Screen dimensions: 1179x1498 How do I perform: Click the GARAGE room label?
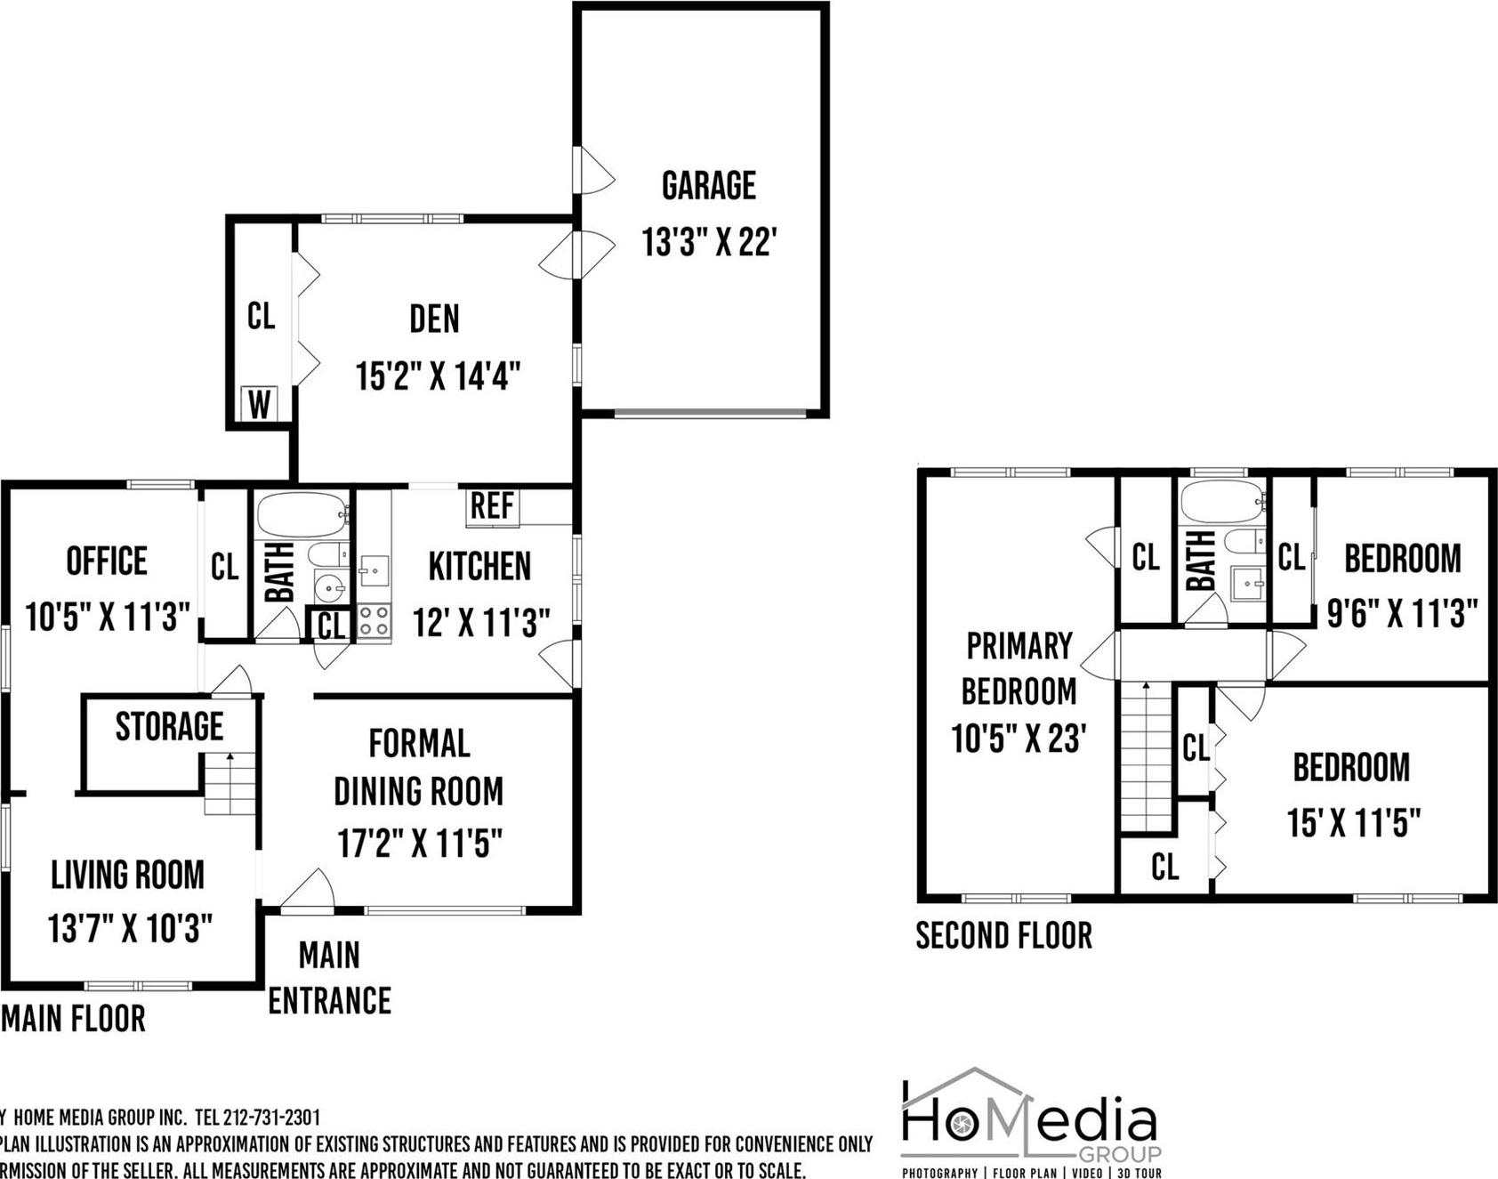click(x=709, y=185)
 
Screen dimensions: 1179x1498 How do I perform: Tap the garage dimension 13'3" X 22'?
click(x=710, y=241)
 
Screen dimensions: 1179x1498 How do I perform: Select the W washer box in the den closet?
click(x=259, y=405)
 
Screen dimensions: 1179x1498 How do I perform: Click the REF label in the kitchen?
click(x=492, y=506)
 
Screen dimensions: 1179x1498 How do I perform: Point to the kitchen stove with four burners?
click(x=374, y=621)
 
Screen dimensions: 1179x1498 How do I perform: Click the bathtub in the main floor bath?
click(x=302, y=514)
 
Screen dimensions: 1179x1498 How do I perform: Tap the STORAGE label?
click(x=169, y=727)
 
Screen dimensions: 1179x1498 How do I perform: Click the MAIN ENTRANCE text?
click(x=329, y=978)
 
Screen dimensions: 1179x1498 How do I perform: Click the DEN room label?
click(x=434, y=319)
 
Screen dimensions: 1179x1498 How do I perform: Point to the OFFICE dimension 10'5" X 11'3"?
click(x=108, y=617)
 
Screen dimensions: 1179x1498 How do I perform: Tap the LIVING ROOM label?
click(x=127, y=875)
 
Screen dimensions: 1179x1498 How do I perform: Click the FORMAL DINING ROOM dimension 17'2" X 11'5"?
click(x=420, y=842)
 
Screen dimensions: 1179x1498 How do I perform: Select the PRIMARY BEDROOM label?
click(x=1019, y=668)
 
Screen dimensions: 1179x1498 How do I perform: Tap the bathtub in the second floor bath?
click(x=1221, y=502)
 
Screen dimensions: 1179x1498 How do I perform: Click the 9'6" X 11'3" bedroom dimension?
click(x=1402, y=613)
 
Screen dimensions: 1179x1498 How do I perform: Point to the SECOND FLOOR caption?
click(x=1003, y=936)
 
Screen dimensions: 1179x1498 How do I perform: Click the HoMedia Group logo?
click(x=1030, y=1124)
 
